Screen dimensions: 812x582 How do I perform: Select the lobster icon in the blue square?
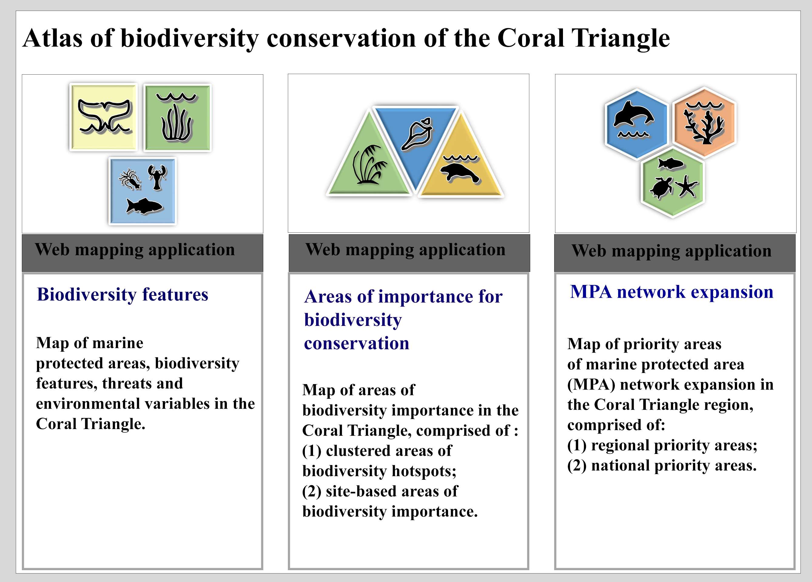click(157, 177)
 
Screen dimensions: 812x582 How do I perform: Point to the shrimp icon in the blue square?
click(130, 179)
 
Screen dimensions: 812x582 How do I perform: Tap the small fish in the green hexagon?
click(671, 164)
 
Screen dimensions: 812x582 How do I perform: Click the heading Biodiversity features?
click(123, 295)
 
